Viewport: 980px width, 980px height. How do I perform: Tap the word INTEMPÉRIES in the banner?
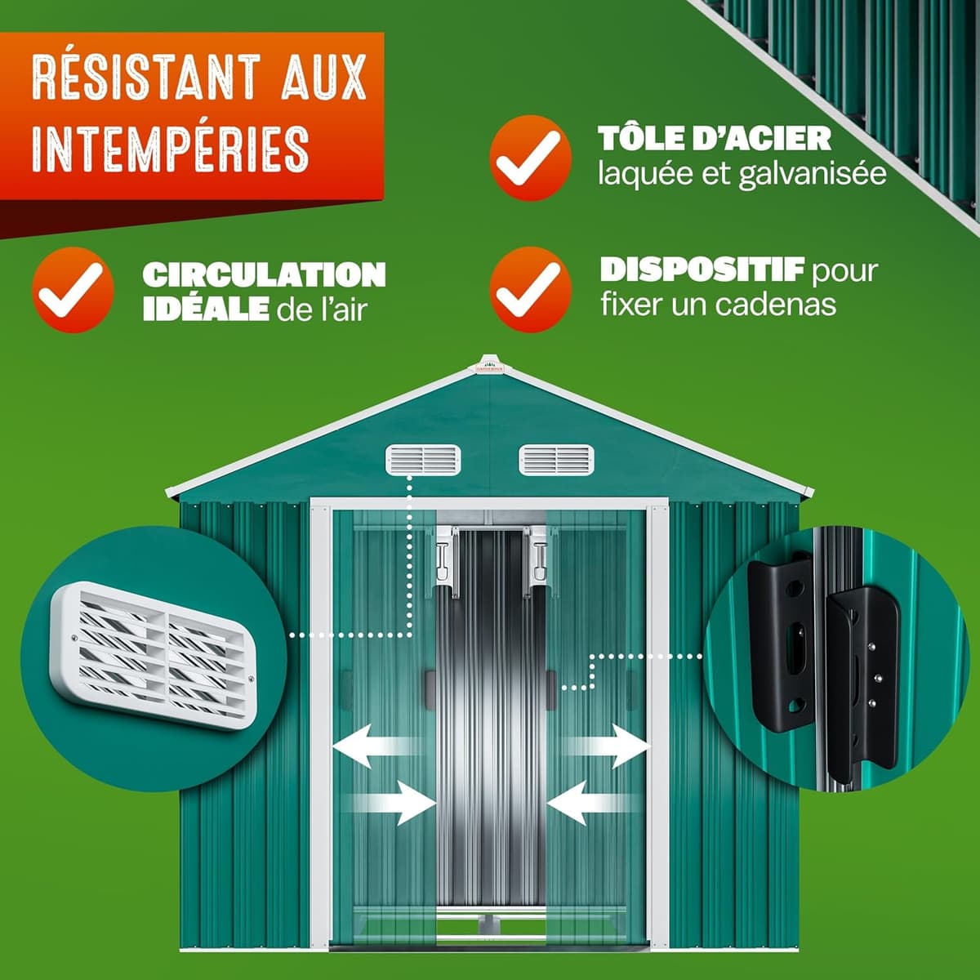click(x=171, y=148)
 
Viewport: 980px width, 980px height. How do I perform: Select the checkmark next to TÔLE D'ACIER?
click(x=531, y=158)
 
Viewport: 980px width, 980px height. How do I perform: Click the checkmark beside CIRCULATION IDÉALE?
click(x=73, y=290)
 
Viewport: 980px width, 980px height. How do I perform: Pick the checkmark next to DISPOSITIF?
click(x=531, y=290)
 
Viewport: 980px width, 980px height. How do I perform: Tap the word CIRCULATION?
click(x=264, y=275)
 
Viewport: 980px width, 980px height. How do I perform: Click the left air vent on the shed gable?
click(x=423, y=460)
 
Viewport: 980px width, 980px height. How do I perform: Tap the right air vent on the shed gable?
click(x=556, y=460)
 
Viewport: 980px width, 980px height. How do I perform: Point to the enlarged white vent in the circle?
click(x=153, y=656)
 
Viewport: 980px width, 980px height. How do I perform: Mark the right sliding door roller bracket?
click(x=536, y=559)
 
